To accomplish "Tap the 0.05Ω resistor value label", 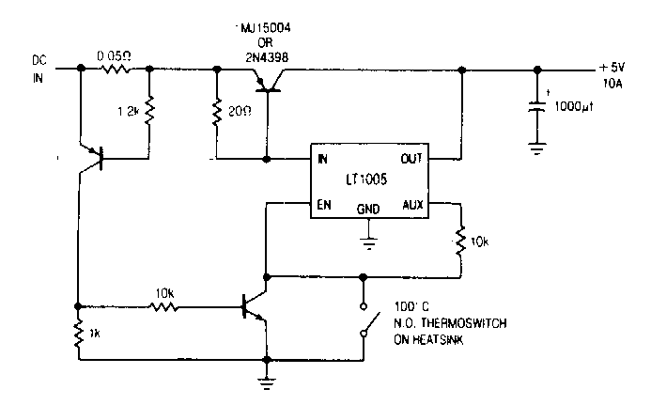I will tap(113, 56).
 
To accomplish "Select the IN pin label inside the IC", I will tap(324, 159).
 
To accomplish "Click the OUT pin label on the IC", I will tap(412, 159).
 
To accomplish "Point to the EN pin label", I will tap(324, 203).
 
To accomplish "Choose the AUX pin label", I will tap(413, 203).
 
